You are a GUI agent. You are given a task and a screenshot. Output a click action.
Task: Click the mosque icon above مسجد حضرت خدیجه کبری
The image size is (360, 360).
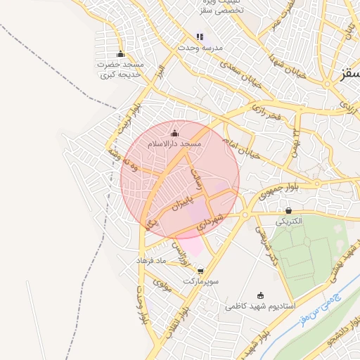(x=120, y=54)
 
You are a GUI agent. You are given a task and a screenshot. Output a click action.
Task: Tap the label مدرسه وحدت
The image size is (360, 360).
(x=202, y=47)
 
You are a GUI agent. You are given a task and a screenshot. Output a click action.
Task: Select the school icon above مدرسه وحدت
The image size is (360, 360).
(x=200, y=37)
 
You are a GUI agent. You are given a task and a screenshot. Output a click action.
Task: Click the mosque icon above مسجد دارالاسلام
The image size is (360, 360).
(x=174, y=133)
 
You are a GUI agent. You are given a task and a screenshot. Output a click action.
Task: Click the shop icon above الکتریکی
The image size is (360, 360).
(x=288, y=210)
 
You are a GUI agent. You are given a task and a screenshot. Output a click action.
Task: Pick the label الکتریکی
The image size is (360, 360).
(x=288, y=221)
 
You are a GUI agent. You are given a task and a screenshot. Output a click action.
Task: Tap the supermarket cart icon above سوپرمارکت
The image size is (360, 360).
(x=201, y=270)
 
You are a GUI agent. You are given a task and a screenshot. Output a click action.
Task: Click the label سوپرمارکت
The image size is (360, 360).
(x=202, y=281)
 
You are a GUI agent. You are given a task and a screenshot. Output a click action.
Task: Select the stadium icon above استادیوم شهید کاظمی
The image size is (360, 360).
(x=262, y=295)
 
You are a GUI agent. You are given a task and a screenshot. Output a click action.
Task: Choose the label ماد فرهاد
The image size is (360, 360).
(x=153, y=261)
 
